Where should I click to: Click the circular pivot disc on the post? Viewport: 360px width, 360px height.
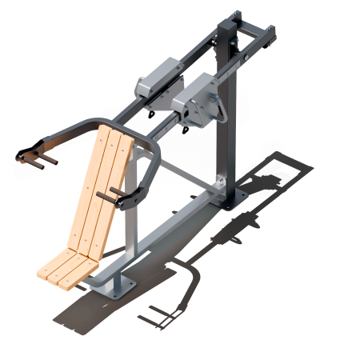point(213,108)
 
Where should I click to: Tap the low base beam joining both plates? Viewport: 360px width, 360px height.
point(172,240)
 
